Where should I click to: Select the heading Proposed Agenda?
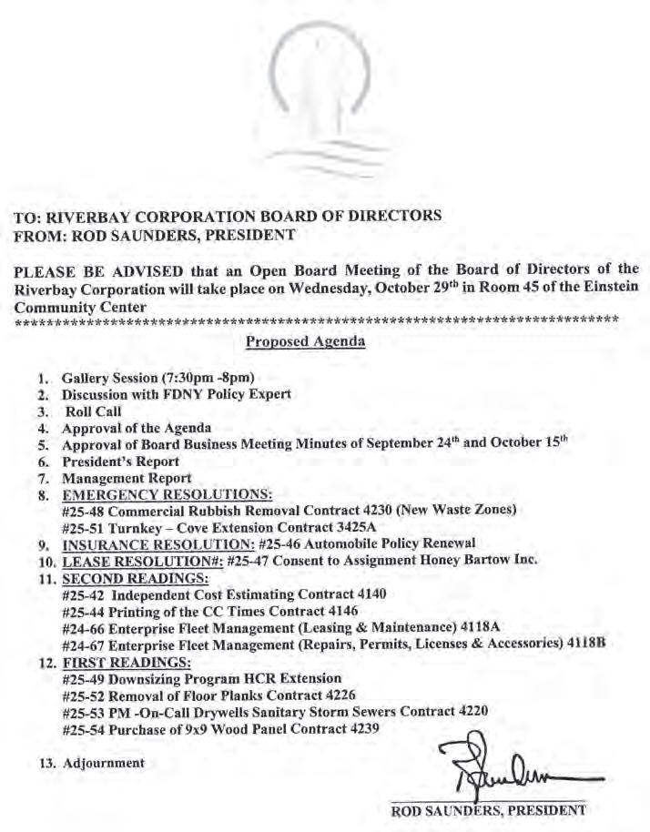pyautogui.click(x=305, y=342)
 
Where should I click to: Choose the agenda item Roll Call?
pyautogui.click(x=95, y=411)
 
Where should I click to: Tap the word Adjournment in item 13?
pyautogui.click(x=103, y=763)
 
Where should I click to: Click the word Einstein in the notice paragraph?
pyautogui.click(x=608, y=284)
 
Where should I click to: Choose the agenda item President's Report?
pyautogui.click(x=120, y=462)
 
